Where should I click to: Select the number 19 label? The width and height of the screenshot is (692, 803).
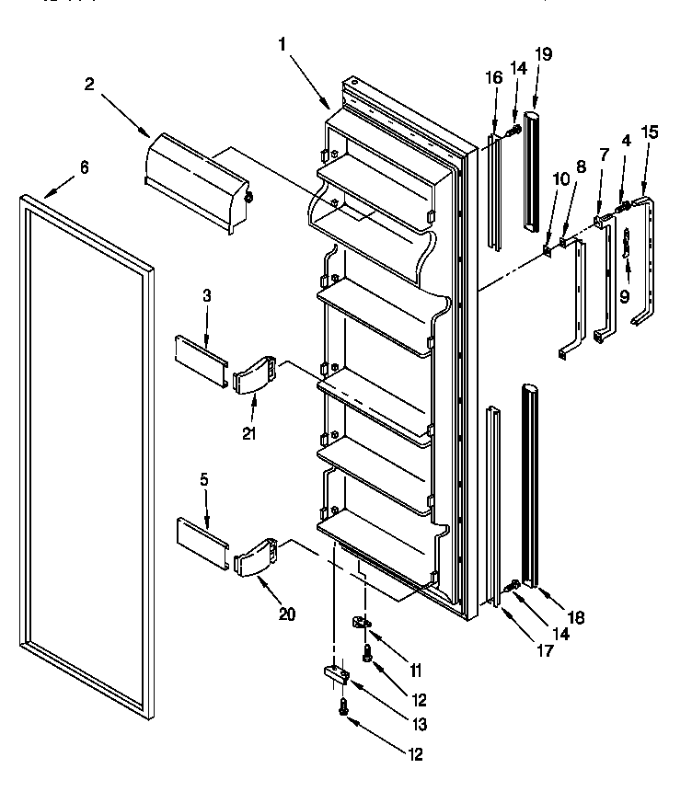pos(544,53)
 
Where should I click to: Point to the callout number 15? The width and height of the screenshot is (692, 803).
pos(650,132)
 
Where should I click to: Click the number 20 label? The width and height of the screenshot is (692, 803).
pos(287,614)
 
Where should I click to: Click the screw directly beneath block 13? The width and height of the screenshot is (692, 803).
pos(343,707)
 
